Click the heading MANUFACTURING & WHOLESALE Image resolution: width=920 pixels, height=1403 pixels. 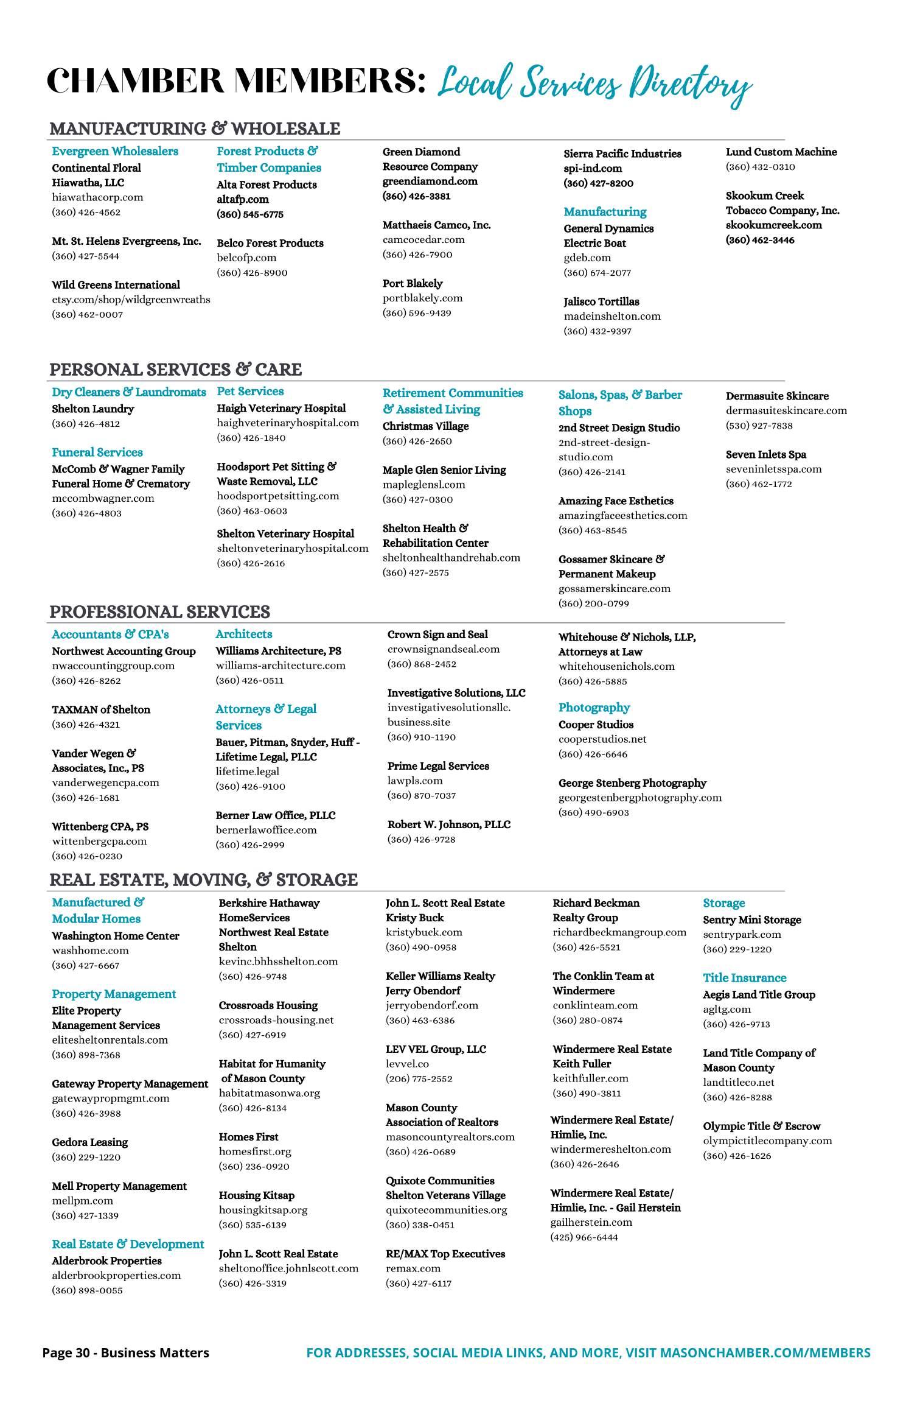point(195,128)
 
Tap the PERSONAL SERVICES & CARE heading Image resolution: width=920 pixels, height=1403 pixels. point(175,370)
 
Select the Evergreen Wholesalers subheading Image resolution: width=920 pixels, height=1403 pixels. point(115,151)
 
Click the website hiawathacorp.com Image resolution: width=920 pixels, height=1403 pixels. point(97,197)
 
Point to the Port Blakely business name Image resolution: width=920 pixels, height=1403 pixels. point(413,283)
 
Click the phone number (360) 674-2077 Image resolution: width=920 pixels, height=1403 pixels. point(597,273)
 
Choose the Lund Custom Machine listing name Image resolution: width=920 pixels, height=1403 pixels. point(781,152)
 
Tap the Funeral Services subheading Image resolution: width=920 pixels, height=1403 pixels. point(97,452)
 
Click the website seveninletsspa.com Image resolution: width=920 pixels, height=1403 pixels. point(773,469)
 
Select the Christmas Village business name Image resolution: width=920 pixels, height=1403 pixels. point(425,426)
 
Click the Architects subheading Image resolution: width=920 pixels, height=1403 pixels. point(243,634)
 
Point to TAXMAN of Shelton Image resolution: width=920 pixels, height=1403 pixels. point(101,709)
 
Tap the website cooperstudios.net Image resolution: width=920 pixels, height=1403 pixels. point(602,739)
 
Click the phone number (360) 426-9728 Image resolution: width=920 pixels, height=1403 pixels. point(421,840)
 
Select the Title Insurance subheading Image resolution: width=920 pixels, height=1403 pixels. point(744,978)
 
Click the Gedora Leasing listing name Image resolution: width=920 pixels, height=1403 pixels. point(90,1142)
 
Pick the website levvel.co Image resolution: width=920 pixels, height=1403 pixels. point(407,1064)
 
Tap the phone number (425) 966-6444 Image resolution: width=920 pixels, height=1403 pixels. point(584,1237)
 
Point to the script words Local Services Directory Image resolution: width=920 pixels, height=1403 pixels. point(594,84)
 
